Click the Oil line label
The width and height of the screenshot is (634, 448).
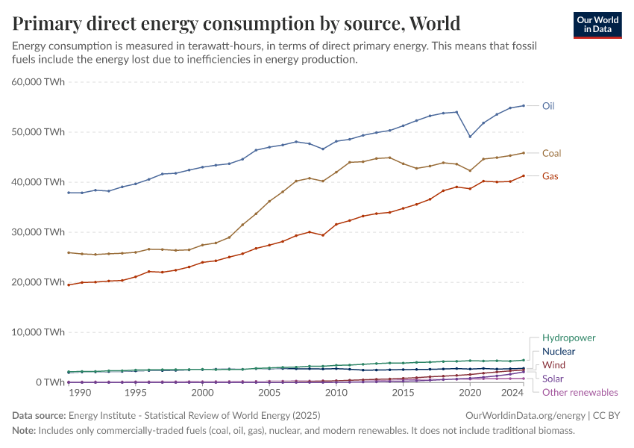(x=548, y=106)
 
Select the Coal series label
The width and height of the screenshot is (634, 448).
(x=551, y=153)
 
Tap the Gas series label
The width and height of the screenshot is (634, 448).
(x=550, y=176)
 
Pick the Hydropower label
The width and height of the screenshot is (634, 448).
(x=569, y=337)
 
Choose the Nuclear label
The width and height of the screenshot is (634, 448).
(x=559, y=351)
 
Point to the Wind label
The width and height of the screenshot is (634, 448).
(x=553, y=365)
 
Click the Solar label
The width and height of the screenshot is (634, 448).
(x=553, y=379)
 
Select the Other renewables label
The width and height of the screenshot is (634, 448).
(x=580, y=392)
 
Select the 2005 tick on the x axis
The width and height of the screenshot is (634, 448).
(x=269, y=392)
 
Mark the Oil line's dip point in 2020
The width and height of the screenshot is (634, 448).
(x=470, y=137)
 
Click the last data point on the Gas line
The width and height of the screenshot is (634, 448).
(x=524, y=175)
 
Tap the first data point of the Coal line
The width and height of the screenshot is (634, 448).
(x=69, y=252)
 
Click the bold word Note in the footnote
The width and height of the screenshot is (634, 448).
(x=25, y=430)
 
